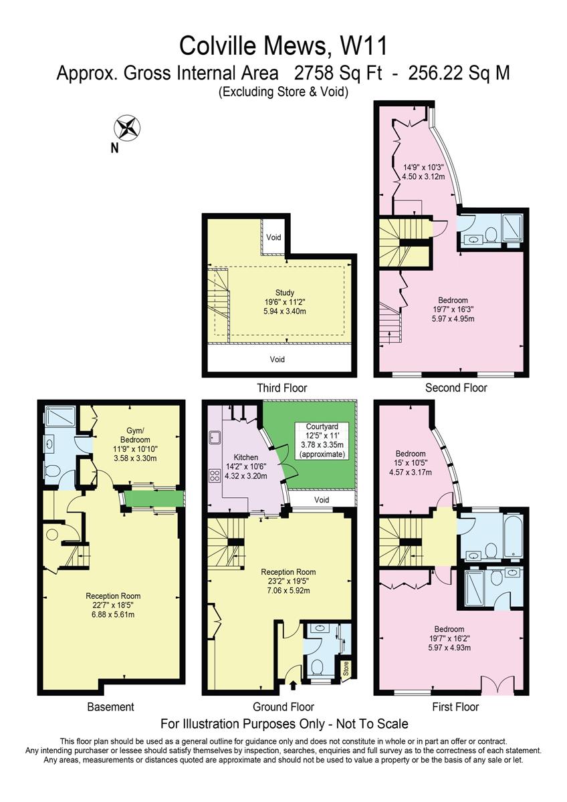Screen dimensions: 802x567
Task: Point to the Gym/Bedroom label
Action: [136, 432]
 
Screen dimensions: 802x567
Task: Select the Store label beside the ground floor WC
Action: [345, 668]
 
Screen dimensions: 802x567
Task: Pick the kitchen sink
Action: [215, 438]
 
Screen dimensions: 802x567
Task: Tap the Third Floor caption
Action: [281, 388]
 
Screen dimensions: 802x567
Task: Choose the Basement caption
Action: [110, 706]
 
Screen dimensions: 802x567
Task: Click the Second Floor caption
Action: [456, 388]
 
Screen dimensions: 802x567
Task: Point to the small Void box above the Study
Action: [273, 237]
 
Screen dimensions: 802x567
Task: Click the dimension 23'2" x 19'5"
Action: [288, 581]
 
